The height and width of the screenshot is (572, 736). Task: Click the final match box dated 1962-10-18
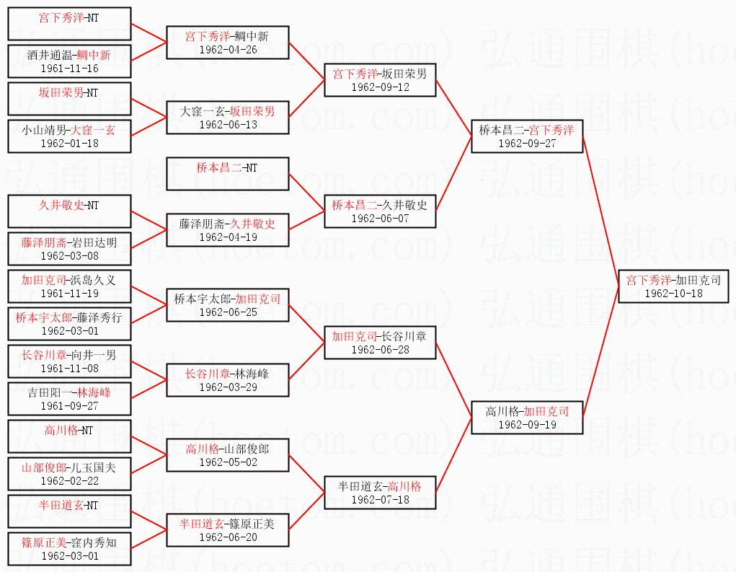point(673,286)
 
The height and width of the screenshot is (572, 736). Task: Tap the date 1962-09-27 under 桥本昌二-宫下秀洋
point(527,143)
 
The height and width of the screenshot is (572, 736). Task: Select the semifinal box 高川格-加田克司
point(527,418)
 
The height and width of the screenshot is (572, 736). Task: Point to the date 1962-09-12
point(380,87)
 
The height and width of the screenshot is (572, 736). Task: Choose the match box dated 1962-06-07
point(380,211)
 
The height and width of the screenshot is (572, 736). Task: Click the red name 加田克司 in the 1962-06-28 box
point(355,336)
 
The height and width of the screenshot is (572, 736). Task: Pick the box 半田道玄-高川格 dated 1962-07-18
point(380,493)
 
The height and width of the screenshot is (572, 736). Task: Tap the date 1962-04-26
point(228,50)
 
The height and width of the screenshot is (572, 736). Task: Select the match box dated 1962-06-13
point(228,118)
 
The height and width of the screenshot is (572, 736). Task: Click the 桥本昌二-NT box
point(228,174)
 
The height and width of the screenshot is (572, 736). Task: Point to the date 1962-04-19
point(228,237)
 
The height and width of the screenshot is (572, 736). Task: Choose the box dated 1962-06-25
point(228,305)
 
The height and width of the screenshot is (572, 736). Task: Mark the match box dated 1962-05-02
point(228,455)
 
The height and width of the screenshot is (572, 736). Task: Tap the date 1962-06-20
point(228,537)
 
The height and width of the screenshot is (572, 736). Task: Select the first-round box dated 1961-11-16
point(69,61)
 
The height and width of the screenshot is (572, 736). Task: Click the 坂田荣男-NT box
point(69,99)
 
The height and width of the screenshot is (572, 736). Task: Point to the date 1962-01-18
point(69,143)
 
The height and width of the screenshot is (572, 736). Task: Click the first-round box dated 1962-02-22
point(69,474)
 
